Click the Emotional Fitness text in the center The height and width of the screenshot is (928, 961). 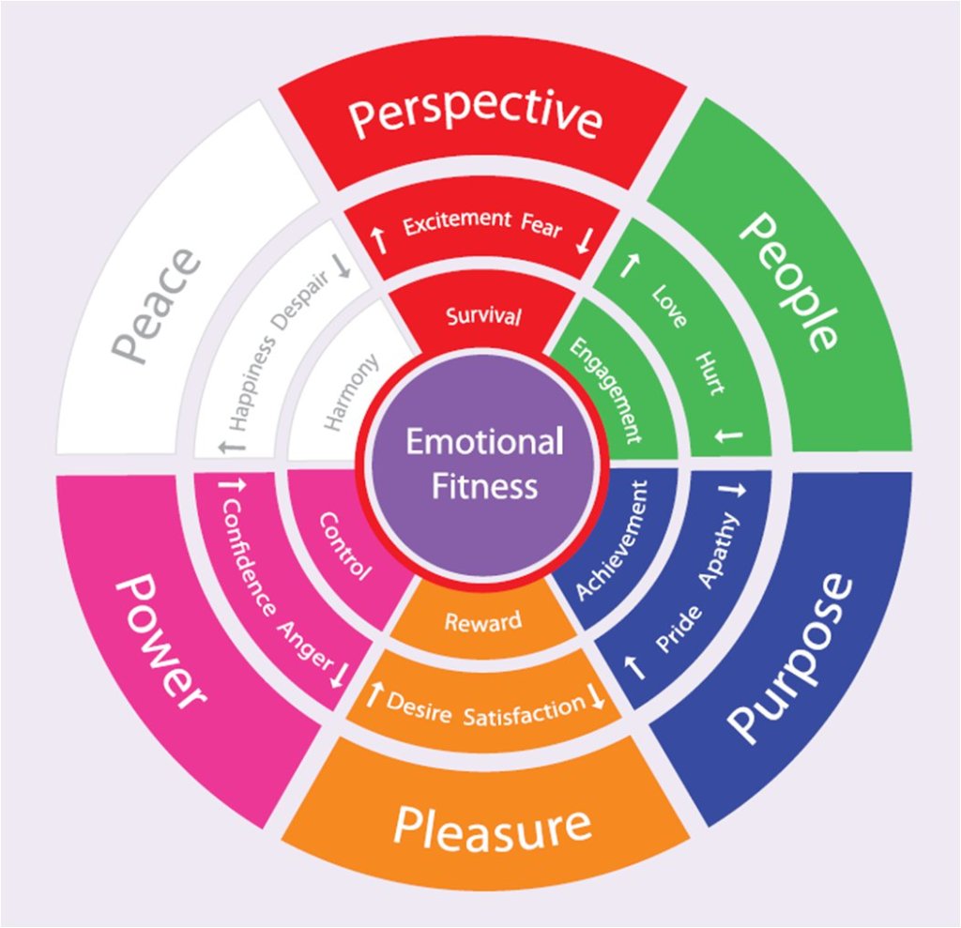484,464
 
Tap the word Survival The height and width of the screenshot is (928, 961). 482,316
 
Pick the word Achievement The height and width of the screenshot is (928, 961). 610,540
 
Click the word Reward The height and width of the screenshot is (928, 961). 482,621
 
